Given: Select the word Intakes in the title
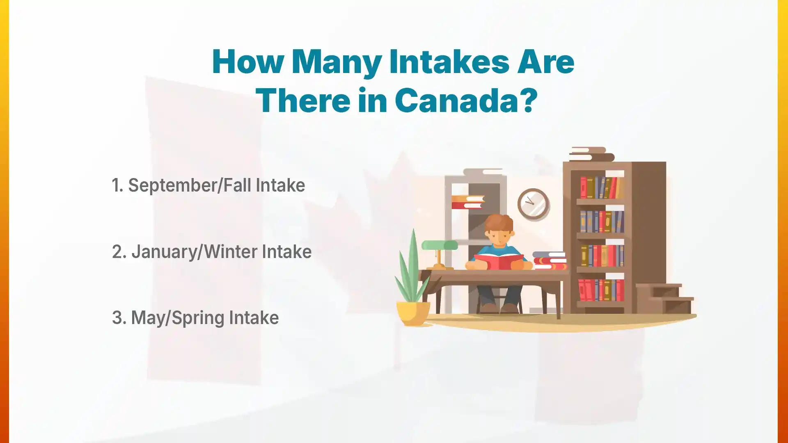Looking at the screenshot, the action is [x=449, y=62].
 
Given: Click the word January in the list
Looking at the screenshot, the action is [x=164, y=252].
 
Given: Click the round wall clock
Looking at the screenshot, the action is [x=533, y=204].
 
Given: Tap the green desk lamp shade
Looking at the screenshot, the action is [x=440, y=245].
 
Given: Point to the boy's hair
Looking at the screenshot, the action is [x=499, y=224].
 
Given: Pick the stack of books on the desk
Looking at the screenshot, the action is [x=550, y=260].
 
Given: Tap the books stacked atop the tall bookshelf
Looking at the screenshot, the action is [x=591, y=154].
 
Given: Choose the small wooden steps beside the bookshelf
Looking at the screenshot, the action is [x=665, y=299].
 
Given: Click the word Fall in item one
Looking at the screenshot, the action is [x=237, y=185].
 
